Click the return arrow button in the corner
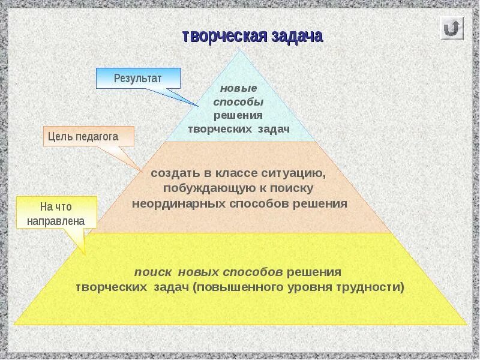coord(452,28)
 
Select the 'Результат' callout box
coord(138,78)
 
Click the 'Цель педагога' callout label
coord(88,137)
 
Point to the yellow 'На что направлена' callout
coord(56,214)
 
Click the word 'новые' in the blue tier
coord(234,88)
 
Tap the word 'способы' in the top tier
coord(238,101)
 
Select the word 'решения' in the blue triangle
coord(238,115)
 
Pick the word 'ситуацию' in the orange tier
coord(294,173)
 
